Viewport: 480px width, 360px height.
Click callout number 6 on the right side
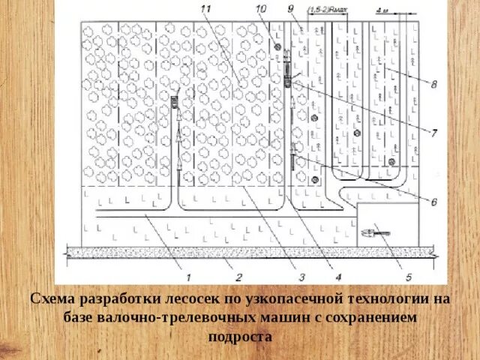(x=433, y=201)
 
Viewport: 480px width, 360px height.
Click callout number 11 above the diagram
(x=207, y=8)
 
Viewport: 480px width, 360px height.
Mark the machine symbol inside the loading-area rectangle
(x=372, y=233)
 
